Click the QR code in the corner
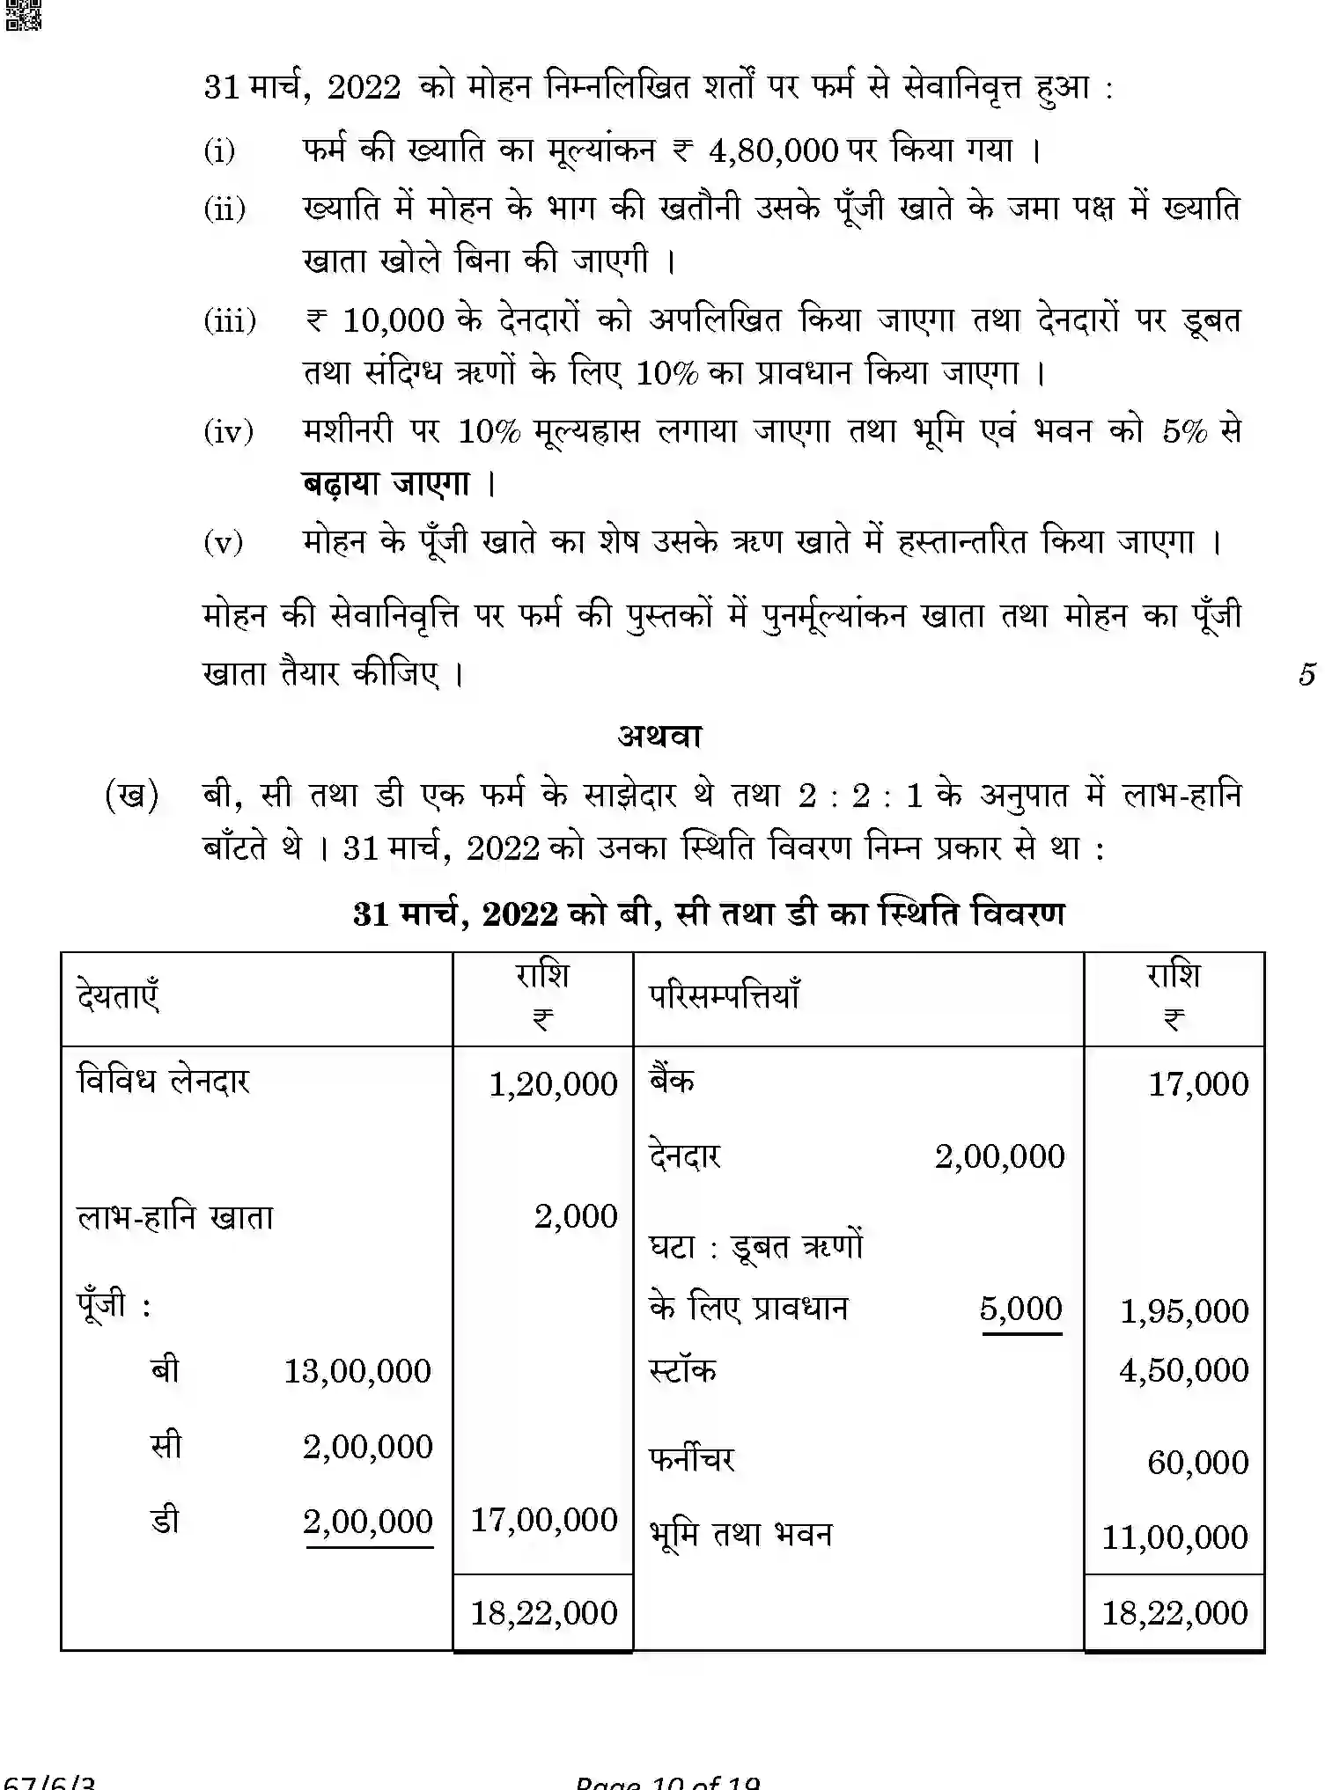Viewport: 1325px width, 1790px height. point(23,15)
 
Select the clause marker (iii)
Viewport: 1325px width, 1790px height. point(230,320)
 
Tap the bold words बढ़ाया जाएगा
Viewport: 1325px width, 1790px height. point(386,484)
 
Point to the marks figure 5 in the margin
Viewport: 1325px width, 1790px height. point(1307,674)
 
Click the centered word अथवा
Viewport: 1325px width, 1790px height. point(660,736)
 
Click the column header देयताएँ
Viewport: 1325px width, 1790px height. point(118,997)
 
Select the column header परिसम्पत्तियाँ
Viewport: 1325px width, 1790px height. point(724,997)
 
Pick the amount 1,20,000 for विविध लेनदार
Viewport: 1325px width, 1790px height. point(553,1084)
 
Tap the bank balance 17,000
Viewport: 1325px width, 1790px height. point(1197,1084)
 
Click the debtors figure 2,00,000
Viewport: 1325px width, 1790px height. point(999,1156)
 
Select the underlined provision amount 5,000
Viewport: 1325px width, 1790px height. point(1020,1309)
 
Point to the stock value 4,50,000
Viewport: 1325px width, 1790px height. point(1183,1370)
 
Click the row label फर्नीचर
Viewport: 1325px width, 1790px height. point(691,1460)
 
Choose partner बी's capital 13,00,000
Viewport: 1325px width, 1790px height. point(357,1371)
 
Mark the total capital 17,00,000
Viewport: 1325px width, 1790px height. point(544,1520)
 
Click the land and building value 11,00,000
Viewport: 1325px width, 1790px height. point(1174,1537)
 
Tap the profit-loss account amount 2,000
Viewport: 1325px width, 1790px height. point(576,1216)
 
